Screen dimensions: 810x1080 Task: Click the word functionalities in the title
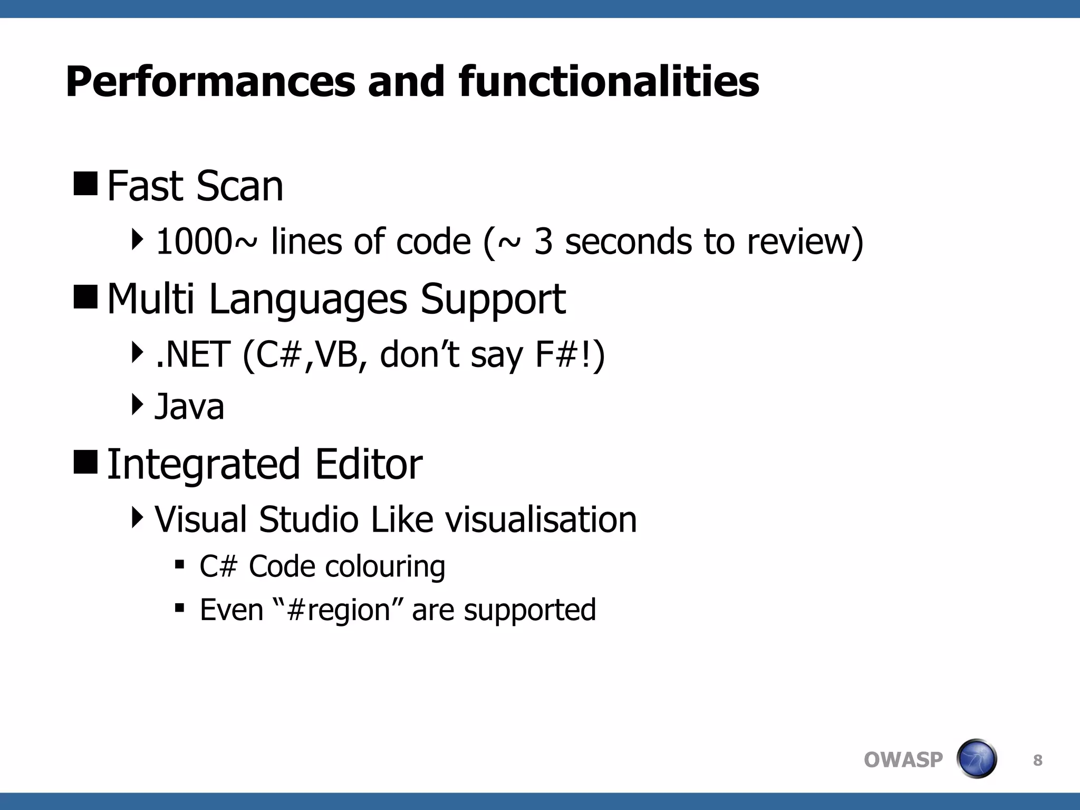click(x=609, y=82)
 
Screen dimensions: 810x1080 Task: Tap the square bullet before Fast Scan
click(x=85, y=183)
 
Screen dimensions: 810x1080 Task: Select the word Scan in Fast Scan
click(x=240, y=186)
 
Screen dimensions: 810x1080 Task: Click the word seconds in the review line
click(x=628, y=242)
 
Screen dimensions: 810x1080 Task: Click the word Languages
click(x=308, y=300)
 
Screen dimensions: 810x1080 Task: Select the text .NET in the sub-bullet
click(x=193, y=354)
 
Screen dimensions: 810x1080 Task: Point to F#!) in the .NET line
click(x=570, y=354)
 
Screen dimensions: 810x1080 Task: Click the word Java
click(x=189, y=407)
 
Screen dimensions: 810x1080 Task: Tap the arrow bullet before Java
click(x=137, y=404)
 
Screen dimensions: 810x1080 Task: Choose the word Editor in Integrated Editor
click(x=369, y=464)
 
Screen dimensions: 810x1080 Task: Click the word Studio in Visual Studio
click(x=309, y=519)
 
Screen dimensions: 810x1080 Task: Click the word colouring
click(x=385, y=567)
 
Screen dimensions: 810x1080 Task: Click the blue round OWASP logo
click(x=976, y=759)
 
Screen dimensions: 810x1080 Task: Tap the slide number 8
click(x=1037, y=760)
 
